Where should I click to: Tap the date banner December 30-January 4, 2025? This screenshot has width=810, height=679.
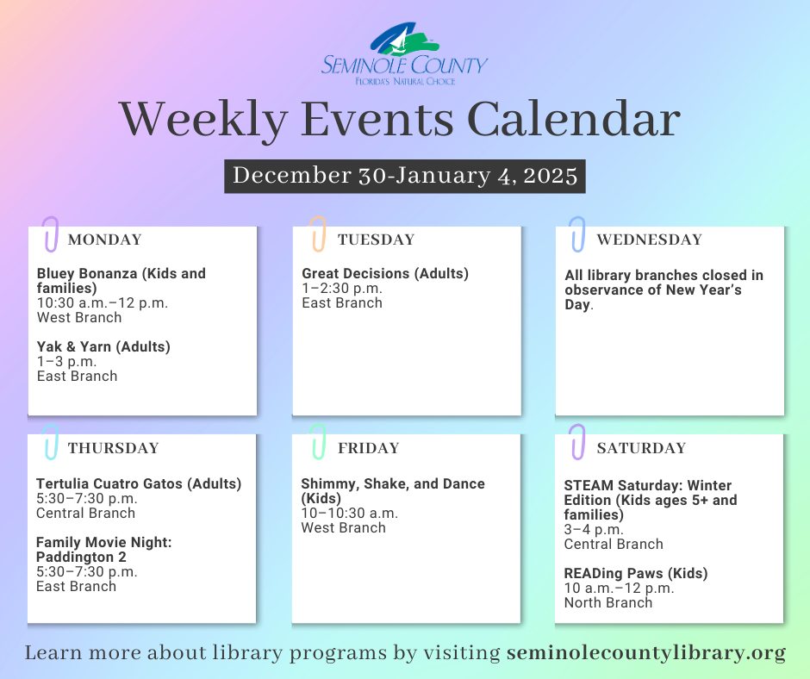[404, 176]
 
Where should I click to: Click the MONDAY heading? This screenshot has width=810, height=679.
[105, 240]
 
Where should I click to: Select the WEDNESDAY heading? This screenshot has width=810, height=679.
[650, 240]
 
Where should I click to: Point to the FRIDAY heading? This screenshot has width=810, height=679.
[368, 448]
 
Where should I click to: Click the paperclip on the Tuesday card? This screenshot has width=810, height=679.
[318, 234]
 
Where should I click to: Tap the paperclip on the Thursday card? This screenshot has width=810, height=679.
[51, 442]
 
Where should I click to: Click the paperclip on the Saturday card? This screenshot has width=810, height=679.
[577, 442]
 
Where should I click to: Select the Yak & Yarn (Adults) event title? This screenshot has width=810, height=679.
[103, 346]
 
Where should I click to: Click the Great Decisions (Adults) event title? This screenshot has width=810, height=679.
[385, 273]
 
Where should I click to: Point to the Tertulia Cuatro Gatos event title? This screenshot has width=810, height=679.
[139, 483]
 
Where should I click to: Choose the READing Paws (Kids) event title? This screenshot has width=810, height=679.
[636, 574]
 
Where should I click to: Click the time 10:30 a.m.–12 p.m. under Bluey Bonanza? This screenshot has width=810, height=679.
[103, 302]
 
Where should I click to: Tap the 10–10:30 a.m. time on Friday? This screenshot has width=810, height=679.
[349, 513]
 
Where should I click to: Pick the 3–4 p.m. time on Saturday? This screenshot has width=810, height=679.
[594, 530]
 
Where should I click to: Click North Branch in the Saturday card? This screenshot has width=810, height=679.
[608, 603]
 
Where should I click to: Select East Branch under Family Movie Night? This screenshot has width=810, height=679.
[76, 587]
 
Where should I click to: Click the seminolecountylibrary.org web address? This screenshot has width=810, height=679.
[645, 653]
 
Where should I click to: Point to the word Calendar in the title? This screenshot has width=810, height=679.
[573, 120]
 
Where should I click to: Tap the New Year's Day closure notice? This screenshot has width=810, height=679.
[664, 290]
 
